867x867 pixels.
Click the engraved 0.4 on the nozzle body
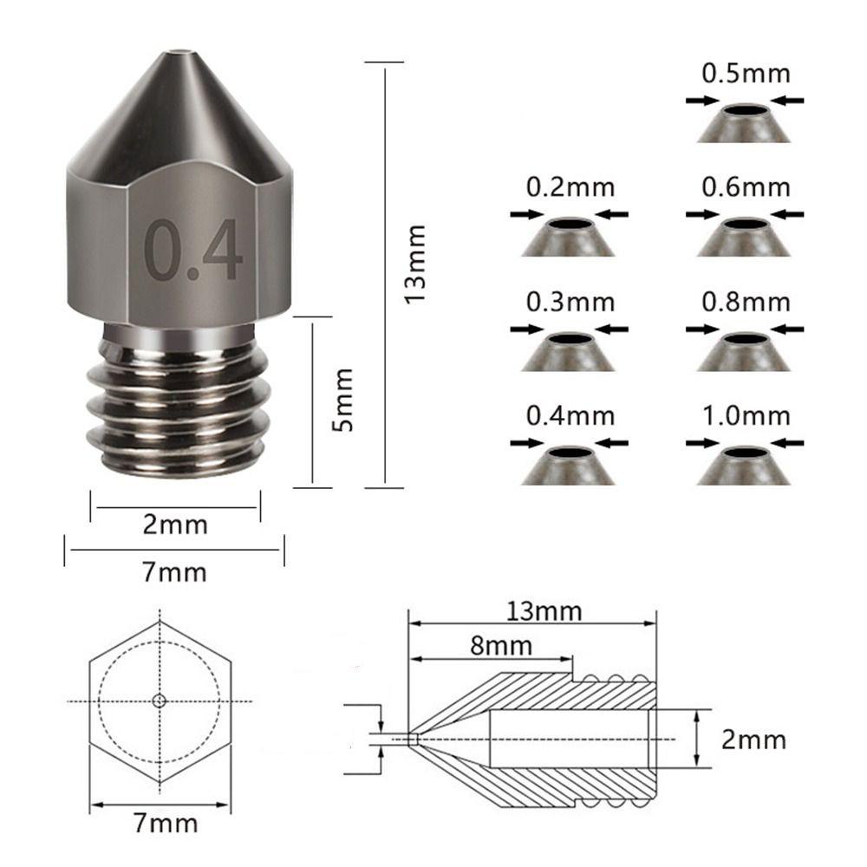193,250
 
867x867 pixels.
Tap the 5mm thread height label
342,399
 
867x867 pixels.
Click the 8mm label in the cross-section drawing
501,645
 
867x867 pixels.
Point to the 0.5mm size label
746,74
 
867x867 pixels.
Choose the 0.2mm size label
570,187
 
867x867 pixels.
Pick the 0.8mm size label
746,302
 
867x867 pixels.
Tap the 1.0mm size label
746,416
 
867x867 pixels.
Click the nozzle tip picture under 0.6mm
743,237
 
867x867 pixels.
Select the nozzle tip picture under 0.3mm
569,351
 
